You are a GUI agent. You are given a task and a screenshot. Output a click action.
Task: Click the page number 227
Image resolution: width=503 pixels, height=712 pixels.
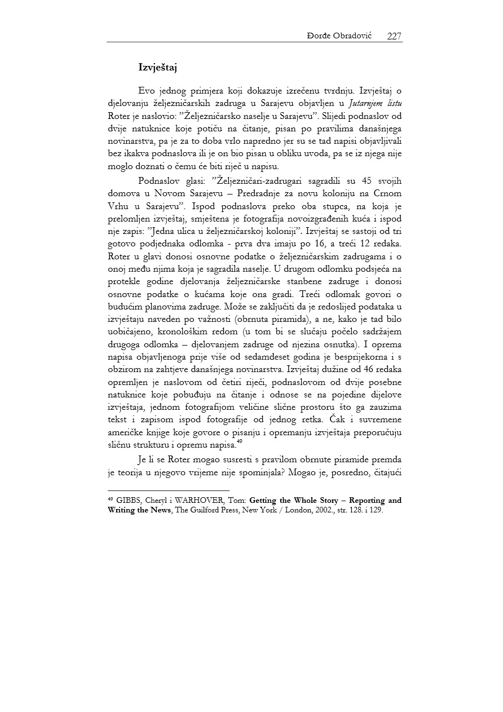[394, 36]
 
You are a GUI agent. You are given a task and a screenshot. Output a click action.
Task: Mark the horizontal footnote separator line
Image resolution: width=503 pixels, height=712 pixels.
[169, 490]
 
